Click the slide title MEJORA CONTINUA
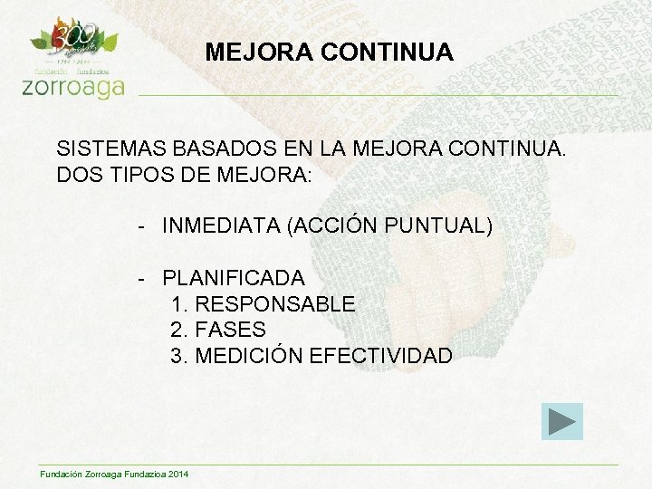pos(329,53)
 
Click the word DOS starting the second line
pos(76,174)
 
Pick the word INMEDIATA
pos(221,225)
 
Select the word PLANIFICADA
pos(234,277)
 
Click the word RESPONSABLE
pos(275,304)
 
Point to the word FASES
pos(230,330)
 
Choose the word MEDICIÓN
pos(249,356)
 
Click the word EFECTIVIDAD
pos(380,356)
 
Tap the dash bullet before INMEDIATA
pos(143,225)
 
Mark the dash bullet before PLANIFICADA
pos(143,277)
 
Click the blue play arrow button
pos(561,422)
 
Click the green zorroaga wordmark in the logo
pos(72,86)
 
